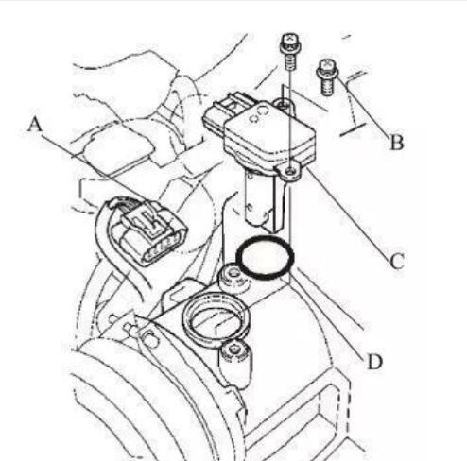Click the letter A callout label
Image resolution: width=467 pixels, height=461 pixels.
(x=35, y=124)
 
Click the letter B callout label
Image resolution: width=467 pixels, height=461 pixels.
(x=397, y=142)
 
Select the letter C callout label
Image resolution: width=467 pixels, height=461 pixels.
(x=397, y=261)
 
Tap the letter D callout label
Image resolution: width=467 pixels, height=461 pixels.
(x=374, y=361)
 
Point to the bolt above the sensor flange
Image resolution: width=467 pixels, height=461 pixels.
(x=289, y=51)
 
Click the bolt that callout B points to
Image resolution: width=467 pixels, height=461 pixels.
(x=327, y=77)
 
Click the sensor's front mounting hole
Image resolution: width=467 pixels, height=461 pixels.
(x=291, y=171)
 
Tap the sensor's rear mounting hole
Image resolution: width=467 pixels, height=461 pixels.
(x=284, y=103)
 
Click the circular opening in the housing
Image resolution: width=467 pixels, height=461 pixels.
(x=216, y=318)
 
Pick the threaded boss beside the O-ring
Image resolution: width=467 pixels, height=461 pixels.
(x=233, y=277)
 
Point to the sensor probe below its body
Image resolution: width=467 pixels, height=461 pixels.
(x=267, y=201)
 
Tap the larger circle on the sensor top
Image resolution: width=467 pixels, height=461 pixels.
(x=263, y=111)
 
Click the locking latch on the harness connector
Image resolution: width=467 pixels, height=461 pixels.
(x=145, y=220)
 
